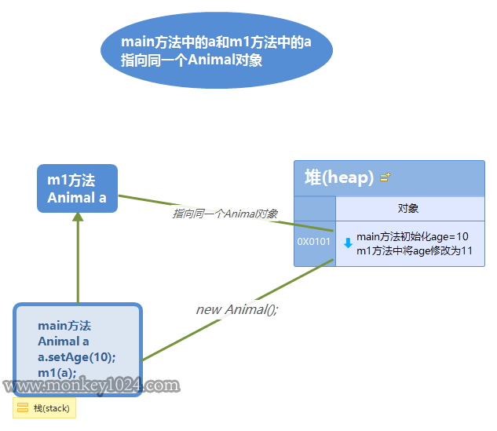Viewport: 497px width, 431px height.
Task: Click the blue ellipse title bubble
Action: (x=217, y=51)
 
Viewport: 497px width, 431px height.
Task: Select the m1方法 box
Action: (x=77, y=188)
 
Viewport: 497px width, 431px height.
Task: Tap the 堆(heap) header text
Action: (x=339, y=177)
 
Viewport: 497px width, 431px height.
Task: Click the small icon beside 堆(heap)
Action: (x=385, y=178)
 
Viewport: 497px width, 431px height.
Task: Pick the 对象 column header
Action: (x=408, y=208)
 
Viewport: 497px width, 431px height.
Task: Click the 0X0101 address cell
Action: (x=314, y=242)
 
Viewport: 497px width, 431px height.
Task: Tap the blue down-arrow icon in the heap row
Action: (x=348, y=243)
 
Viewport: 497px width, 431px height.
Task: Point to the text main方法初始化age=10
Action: (x=412, y=236)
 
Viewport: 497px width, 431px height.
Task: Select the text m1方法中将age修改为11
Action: (x=414, y=250)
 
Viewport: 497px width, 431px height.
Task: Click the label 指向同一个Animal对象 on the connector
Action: (x=225, y=214)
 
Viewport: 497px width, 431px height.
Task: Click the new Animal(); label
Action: (x=237, y=309)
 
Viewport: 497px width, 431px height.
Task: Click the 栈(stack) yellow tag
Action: (x=45, y=408)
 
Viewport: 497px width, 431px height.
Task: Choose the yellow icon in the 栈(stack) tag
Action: (x=23, y=408)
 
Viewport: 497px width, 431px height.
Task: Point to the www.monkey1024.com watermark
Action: (x=91, y=386)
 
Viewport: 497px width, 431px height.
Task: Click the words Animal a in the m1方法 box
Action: (x=77, y=198)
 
